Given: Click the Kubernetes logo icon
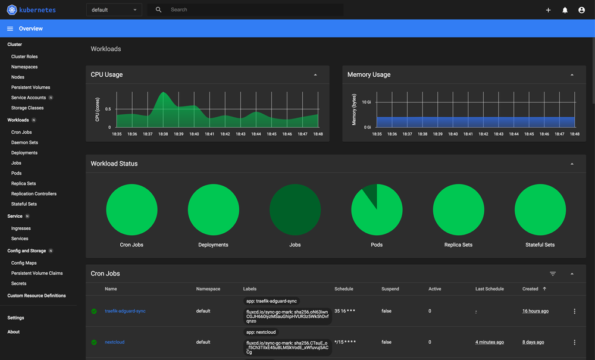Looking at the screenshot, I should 12,10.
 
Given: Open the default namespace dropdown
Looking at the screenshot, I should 114,10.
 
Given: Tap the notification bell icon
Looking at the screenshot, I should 565,10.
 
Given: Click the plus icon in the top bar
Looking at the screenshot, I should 548,10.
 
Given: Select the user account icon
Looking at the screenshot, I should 581,10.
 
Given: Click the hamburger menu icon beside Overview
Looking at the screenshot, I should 10,29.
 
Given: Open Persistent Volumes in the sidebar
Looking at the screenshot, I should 30,87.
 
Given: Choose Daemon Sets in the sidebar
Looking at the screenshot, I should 24,143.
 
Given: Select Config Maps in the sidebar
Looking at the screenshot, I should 24,263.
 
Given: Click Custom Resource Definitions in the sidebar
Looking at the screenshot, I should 36,296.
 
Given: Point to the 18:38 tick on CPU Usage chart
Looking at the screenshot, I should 163,134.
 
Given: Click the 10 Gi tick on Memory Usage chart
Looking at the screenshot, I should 367,102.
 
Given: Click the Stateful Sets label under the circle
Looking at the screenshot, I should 540,245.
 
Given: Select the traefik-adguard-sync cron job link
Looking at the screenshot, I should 125,311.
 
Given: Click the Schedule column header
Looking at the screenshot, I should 343,289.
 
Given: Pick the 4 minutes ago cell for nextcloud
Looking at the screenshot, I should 490,342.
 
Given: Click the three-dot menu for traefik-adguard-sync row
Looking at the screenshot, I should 574,311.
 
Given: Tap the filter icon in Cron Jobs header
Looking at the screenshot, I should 553,274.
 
